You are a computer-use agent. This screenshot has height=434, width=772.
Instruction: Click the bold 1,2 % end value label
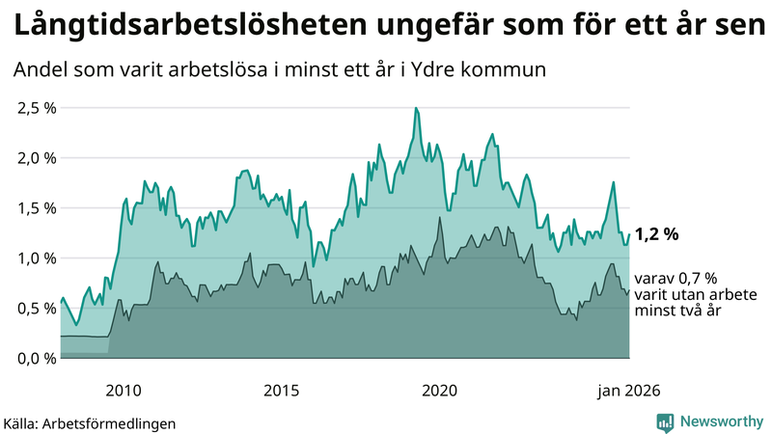coord(657,233)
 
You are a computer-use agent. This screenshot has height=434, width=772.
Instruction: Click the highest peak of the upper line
coord(416,108)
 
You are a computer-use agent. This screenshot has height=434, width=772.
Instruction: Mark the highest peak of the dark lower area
coord(440,218)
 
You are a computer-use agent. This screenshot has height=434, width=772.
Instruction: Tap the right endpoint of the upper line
coord(629,234)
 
